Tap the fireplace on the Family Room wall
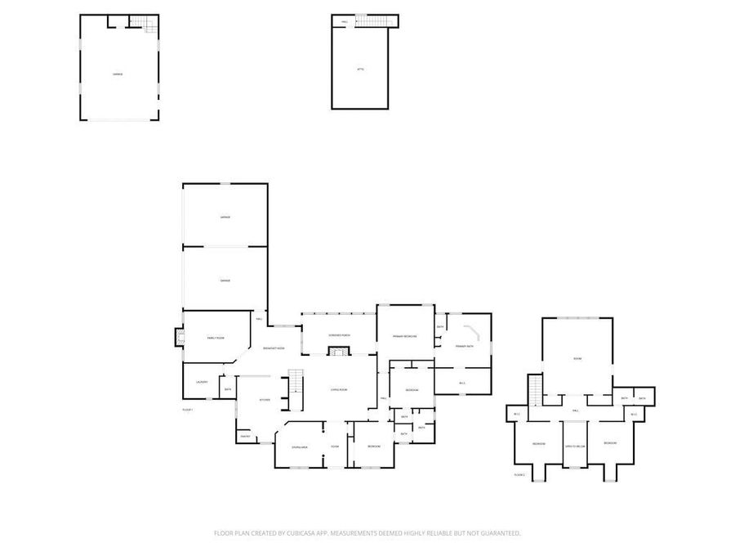click(x=178, y=338)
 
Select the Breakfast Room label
click(x=274, y=348)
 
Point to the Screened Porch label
click(x=339, y=336)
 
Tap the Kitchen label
click(x=265, y=400)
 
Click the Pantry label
click(x=244, y=438)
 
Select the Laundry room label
click(x=201, y=382)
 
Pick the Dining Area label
click(x=300, y=447)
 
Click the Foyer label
click(x=335, y=447)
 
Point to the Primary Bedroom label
click(x=404, y=336)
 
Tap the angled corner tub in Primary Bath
click(x=473, y=332)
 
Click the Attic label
click(x=360, y=70)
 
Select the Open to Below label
click(x=575, y=447)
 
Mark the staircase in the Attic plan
click(x=376, y=21)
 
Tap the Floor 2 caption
click(x=519, y=474)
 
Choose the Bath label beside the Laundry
click(x=228, y=389)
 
